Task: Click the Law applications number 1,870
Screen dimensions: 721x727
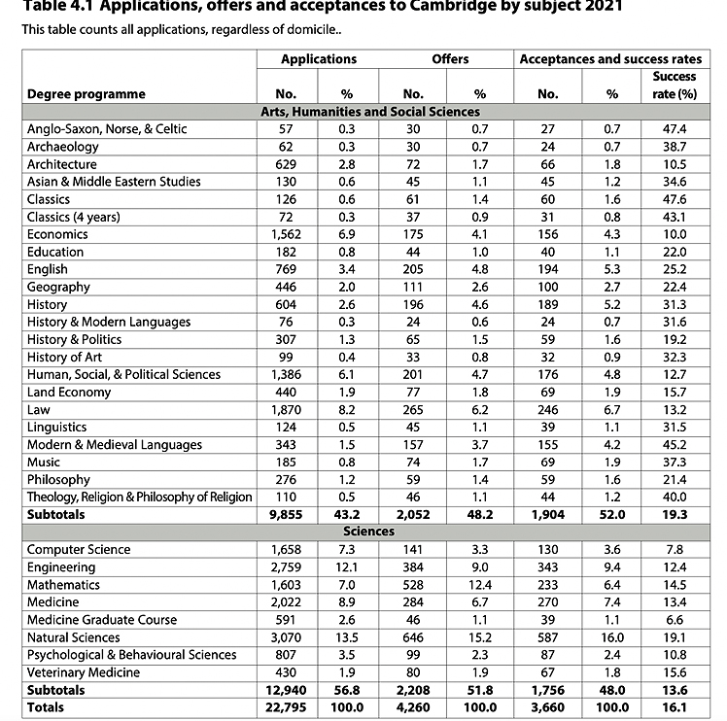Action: tap(286, 409)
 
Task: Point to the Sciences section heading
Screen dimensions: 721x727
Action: tap(368, 532)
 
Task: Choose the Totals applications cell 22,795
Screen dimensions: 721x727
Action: tap(286, 707)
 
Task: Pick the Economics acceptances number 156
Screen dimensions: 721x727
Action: tap(547, 234)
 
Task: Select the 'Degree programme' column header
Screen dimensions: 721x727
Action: tap(87, 94)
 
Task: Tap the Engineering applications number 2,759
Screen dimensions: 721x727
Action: tap(286, 567)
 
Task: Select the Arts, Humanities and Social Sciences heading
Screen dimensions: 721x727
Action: tap(368, 112)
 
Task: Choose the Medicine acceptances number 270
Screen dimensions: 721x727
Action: tap(547, 602)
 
